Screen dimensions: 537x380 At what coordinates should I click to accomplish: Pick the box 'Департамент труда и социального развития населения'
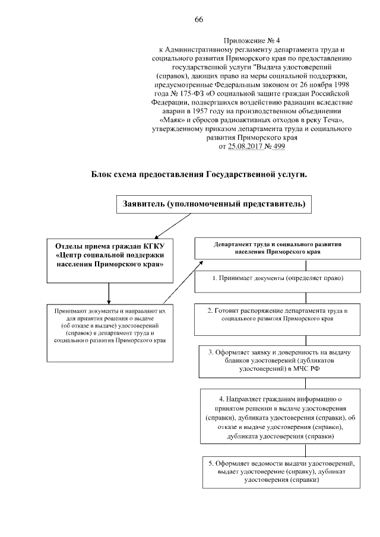(x=278, y=248)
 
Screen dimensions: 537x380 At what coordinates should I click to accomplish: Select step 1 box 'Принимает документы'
(x=279, y=278)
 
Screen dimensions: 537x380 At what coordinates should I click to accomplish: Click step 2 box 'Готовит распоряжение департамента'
(x=279, y=314)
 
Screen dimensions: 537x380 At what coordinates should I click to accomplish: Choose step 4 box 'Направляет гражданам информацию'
(x=279, y=415)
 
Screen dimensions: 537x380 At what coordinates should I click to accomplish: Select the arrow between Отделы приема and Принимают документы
(x=108, y=293)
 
